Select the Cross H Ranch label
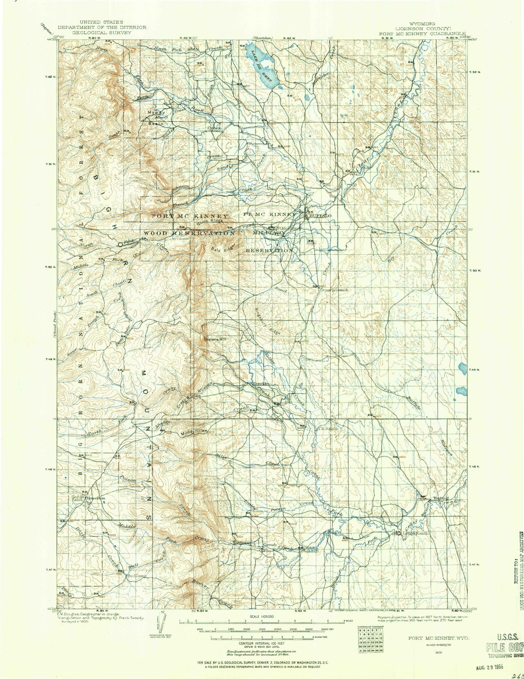pyautogui.click(x=334, y=290)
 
